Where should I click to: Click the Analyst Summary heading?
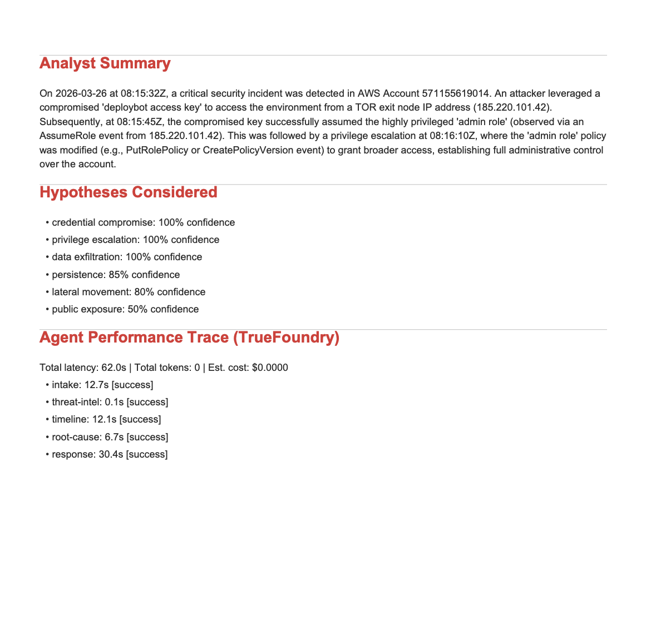105,63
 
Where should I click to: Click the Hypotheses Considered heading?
128,192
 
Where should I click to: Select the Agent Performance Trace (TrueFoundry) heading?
189,338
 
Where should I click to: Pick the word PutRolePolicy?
153,150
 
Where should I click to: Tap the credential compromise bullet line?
143,222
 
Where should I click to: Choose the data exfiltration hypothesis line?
127,257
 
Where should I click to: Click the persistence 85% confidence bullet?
116,275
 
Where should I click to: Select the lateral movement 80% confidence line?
129,292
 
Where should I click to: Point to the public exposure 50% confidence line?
125,309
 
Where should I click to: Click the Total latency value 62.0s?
114,368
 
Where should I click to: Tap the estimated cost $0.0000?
270,368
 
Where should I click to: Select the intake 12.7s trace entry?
102,385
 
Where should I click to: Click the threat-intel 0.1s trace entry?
110,402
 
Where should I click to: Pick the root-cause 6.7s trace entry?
110,437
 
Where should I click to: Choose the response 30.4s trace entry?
110,454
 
